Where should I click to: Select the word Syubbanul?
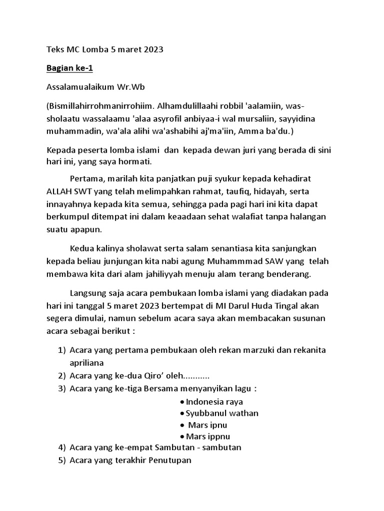coord(205,413)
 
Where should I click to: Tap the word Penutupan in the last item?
coord(169,460)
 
